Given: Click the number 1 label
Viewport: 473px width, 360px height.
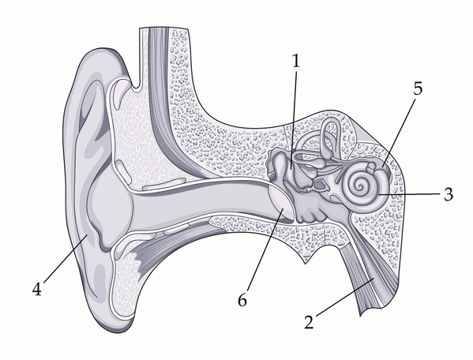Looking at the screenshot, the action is point(296,61).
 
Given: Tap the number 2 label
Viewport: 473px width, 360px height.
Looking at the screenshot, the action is point(309,321).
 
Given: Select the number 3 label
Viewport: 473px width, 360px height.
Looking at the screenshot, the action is point(449,194).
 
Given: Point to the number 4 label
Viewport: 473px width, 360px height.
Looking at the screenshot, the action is point(36,289).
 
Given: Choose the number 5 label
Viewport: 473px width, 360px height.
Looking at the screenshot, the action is point(418,88).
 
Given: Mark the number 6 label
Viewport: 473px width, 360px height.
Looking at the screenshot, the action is point(242,300).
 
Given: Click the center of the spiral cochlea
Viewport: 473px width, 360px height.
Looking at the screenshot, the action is point(359,187).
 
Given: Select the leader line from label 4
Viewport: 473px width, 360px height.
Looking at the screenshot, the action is point(66,259).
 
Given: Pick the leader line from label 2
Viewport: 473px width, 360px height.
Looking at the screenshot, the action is point(344,298).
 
